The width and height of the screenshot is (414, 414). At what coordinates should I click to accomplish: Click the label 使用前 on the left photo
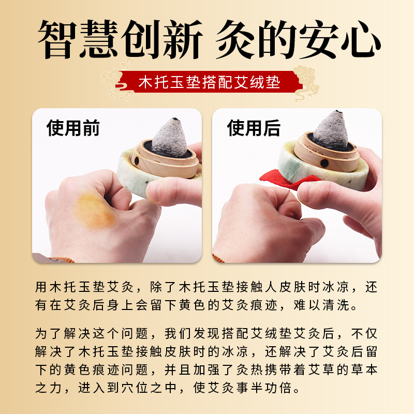(x=73, y=128)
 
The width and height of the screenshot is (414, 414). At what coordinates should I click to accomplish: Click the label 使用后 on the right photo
(x=254, y=128)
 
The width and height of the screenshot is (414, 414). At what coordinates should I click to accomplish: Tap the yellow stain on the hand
(x=95, y=211)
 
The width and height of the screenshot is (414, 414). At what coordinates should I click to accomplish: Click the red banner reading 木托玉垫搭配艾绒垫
(x=209, y=82)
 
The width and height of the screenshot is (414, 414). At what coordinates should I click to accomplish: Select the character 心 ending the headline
(x=361, y=39)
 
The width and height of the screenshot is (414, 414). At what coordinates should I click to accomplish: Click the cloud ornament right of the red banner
(x=306, y=82)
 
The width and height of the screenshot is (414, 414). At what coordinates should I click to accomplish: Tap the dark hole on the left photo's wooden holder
(x=136, y=161)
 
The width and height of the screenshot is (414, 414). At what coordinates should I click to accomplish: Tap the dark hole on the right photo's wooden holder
(x=324, y=164)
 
